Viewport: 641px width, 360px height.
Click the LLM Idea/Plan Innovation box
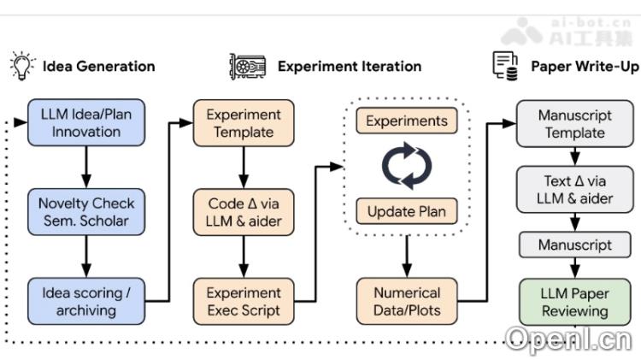point(85,121)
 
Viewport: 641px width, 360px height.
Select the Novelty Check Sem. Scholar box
point(85,212)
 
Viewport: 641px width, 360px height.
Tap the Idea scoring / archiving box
point(85,301)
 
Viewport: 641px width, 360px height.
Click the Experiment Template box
point(244,122)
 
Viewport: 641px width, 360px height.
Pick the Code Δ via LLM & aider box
point(244,212)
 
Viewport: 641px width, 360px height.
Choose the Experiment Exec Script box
point(244,301)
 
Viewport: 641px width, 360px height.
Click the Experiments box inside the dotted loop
point(406,121)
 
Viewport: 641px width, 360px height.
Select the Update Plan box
point(406,210)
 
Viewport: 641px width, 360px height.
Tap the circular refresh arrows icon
point(407,166)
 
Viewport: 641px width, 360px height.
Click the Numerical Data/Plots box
point(407,301)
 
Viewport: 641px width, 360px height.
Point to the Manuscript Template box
point(574,123)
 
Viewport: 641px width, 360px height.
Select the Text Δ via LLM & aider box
point(574,190)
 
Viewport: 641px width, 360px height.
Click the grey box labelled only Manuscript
point(574,245)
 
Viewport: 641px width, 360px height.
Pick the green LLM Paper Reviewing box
point(574,301)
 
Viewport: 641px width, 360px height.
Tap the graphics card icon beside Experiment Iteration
point(247,66)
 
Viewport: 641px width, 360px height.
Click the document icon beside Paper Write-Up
point(504,65)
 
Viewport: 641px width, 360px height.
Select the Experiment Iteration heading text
point(349,66)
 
